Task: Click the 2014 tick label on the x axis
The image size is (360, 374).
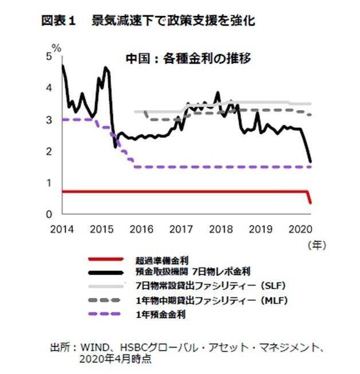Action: (x=61, y=229)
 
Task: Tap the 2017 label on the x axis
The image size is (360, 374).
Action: (x=181, y=229)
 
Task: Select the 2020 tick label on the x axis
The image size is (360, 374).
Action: (x=300, y=229)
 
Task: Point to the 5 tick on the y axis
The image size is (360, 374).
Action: (x=50, y=57)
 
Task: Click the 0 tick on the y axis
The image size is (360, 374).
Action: (x=50, y=214)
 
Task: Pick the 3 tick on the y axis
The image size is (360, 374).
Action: (x=50, y=120)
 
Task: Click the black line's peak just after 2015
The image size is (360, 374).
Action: (x=105, y=68)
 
